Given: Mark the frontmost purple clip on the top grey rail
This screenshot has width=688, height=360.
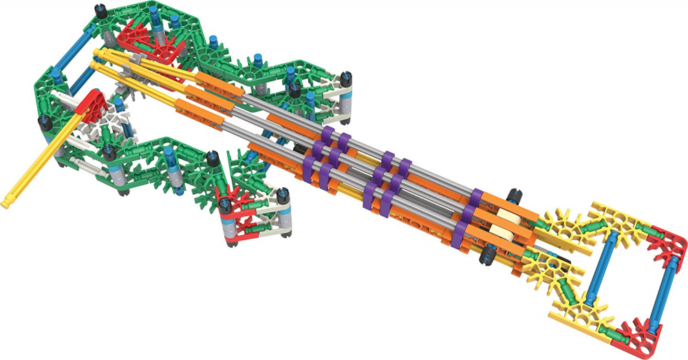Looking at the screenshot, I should [328, 133].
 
